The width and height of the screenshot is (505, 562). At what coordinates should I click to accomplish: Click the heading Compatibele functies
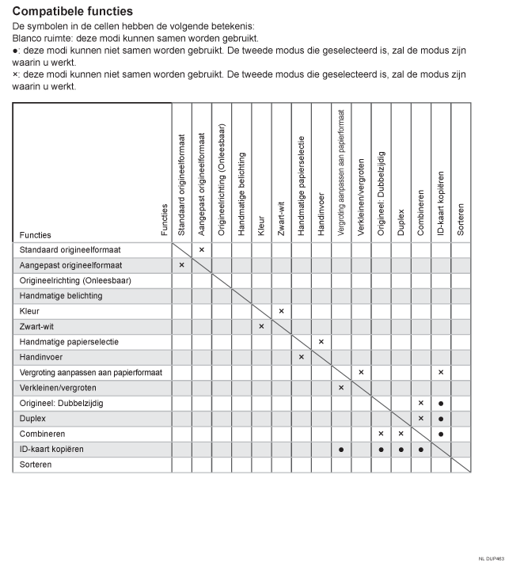73,12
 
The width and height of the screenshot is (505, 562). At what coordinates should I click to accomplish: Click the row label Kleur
29,311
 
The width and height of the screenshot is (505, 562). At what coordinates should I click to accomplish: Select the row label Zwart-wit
36,326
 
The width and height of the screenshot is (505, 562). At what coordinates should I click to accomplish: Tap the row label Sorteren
37,465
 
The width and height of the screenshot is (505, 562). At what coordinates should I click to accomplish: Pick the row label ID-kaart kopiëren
51,449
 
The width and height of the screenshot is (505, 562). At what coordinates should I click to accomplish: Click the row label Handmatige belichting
61,296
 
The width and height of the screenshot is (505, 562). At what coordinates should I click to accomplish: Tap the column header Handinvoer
321,212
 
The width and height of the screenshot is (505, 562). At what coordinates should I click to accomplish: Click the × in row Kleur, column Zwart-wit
281,311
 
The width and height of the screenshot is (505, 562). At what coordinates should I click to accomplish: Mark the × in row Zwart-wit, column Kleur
261,326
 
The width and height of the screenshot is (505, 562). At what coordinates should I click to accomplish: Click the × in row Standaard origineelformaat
202,249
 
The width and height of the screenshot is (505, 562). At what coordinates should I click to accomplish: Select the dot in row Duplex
441,419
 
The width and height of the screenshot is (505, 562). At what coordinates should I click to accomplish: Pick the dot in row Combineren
441,434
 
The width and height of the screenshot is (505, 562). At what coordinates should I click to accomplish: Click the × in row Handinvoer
301,357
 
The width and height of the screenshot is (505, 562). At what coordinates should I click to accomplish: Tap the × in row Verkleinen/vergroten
341,388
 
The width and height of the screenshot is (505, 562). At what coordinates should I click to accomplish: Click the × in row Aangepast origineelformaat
182,265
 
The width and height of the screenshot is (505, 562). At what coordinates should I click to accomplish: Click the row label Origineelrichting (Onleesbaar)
75,280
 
